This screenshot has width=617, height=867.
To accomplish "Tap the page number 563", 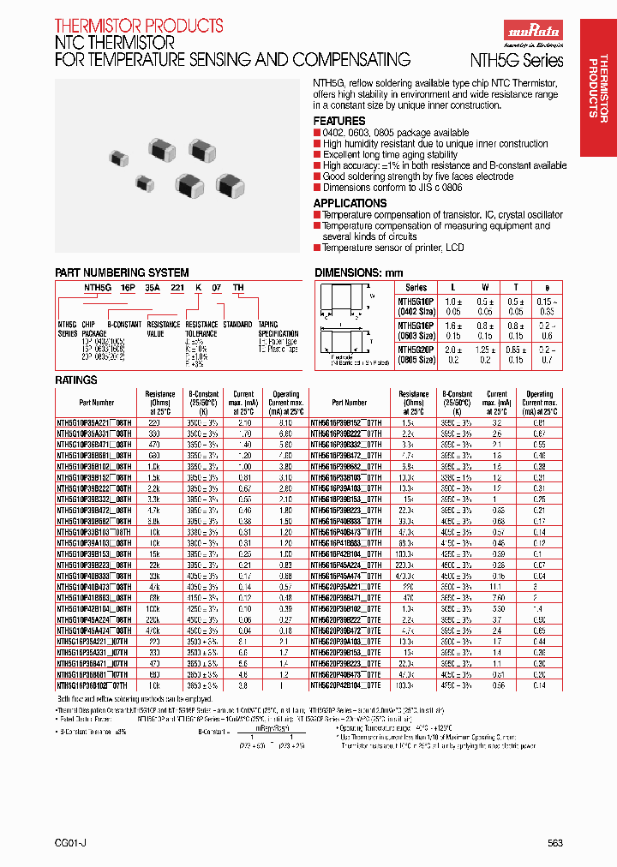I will (x=555, y=843).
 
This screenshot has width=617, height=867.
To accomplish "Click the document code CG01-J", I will (x=69, y=843).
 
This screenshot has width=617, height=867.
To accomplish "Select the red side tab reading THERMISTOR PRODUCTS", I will (x=597, y=86).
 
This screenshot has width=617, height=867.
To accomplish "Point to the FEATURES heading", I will (x=339, y=122).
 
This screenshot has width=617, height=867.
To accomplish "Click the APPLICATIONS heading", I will (x=350, y=203).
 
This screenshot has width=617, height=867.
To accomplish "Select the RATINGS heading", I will (x=76, y=379).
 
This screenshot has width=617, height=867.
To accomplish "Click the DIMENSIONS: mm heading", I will (x=357, y=272).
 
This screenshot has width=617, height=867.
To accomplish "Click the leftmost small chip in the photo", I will (x=116, y=157).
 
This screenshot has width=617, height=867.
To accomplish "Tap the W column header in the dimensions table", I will (x=484, y=287).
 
